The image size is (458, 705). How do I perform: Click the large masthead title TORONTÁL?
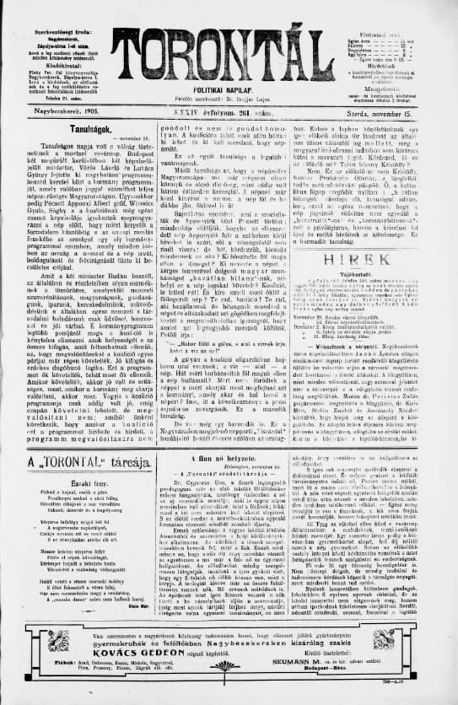229,43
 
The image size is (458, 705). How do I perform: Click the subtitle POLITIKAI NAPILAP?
229,88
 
